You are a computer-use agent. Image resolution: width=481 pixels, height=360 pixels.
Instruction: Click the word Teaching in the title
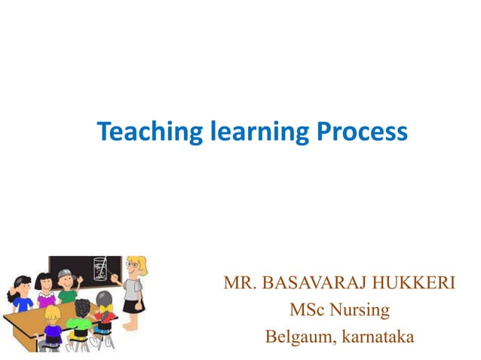143,133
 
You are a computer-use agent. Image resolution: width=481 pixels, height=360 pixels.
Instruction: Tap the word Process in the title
361,133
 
